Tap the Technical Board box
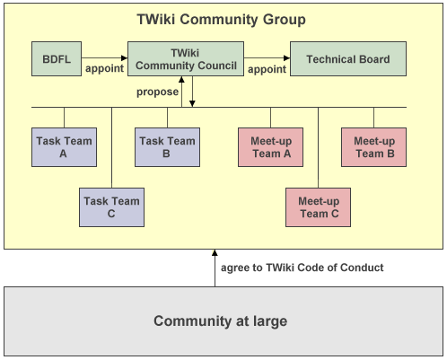(x=347, y=59)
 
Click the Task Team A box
(x=64, y=147)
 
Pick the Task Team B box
(x=166, y=147)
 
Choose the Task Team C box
(x=111, y=207)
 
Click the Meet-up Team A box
(x=269, y=147)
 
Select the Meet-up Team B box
(x=374, y=147)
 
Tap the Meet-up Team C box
(x=319, y=207)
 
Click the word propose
(x=156, y=92)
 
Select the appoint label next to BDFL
(x=103, y=68)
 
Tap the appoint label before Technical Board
(x=267, y=68)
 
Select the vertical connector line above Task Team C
(x=111, y=147)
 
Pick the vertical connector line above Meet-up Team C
(x=319, y=147)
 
